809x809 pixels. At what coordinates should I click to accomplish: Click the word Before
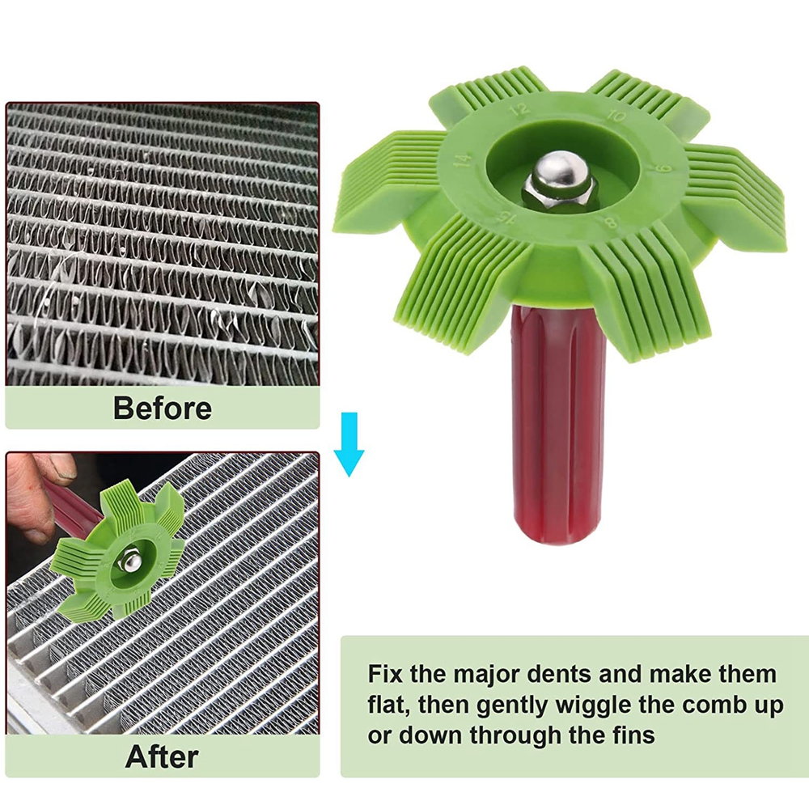[x=163, y=409]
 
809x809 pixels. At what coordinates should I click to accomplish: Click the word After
[x=162, y=757]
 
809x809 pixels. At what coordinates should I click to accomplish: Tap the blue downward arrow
[x=349, y=443]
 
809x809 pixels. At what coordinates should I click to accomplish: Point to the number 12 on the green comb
[x=519, y=109]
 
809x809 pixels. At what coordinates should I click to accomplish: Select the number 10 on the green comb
[x=616, y=116]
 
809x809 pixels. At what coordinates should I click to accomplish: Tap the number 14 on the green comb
[x=462, y=159]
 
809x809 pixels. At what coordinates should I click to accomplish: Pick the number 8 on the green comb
[x=610, y=222]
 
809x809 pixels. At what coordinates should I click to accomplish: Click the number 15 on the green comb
[x=506, y=218]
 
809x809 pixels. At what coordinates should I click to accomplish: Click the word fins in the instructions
[x=633, y=735]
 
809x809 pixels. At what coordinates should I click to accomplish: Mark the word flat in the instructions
[x=388, y=705]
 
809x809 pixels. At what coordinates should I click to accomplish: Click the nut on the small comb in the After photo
[x=129, y=561]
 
